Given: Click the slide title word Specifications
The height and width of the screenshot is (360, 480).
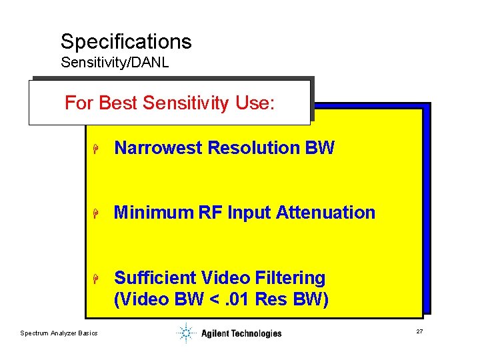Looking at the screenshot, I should tap(126, 42).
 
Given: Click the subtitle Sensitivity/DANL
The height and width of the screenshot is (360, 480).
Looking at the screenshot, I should tap(115, 63).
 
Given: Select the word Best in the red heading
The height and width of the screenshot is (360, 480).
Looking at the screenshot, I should tap(119, 103).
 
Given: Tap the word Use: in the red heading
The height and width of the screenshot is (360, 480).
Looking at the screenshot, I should tap(255, 103).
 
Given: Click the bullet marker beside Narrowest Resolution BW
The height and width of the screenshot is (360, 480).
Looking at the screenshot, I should tap(96, 149).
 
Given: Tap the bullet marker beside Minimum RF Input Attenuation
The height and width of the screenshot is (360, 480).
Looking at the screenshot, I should tap(96, 213).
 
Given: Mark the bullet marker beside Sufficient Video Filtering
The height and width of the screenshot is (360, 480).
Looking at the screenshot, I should tap(96, 278).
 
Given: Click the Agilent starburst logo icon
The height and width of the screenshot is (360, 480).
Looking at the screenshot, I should tap(185, 333).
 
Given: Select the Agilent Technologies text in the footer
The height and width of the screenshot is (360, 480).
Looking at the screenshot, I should tap(241, 333).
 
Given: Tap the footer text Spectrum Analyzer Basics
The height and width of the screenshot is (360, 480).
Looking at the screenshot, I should tap(59, 333).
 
